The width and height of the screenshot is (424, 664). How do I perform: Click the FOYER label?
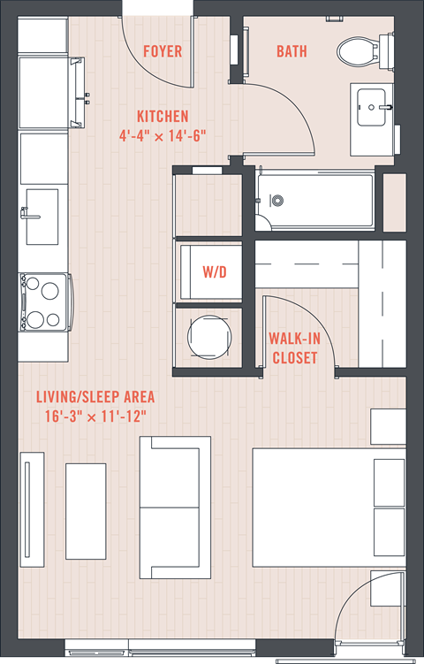pos(163,51)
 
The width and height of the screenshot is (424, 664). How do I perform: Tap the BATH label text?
pos(291,51)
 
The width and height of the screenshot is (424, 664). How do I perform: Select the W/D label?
pos(215,271)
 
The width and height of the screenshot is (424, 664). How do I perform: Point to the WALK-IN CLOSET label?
pos(294,348)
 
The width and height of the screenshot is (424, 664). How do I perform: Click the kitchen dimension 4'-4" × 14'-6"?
pos(163,136)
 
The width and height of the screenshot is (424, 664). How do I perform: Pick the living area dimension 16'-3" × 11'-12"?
pos(95,416)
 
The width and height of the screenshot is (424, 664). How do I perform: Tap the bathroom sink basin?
pos(371,107)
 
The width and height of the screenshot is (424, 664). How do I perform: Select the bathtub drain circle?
pos(277,201)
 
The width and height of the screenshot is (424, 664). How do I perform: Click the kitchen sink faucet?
pos(30,214)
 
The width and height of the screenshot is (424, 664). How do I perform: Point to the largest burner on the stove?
pos(50,291)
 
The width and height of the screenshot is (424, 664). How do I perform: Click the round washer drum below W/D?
pos(209,337)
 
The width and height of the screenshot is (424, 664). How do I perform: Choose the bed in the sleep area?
pos(329,508)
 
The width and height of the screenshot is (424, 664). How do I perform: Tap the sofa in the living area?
pos(175,508)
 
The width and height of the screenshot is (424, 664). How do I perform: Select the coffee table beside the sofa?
pos(86,511)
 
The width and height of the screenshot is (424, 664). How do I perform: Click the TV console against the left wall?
pos(32,509)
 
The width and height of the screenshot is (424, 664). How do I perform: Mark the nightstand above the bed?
pos(389,426)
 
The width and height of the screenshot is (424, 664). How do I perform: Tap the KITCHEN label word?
pos(163,117)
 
